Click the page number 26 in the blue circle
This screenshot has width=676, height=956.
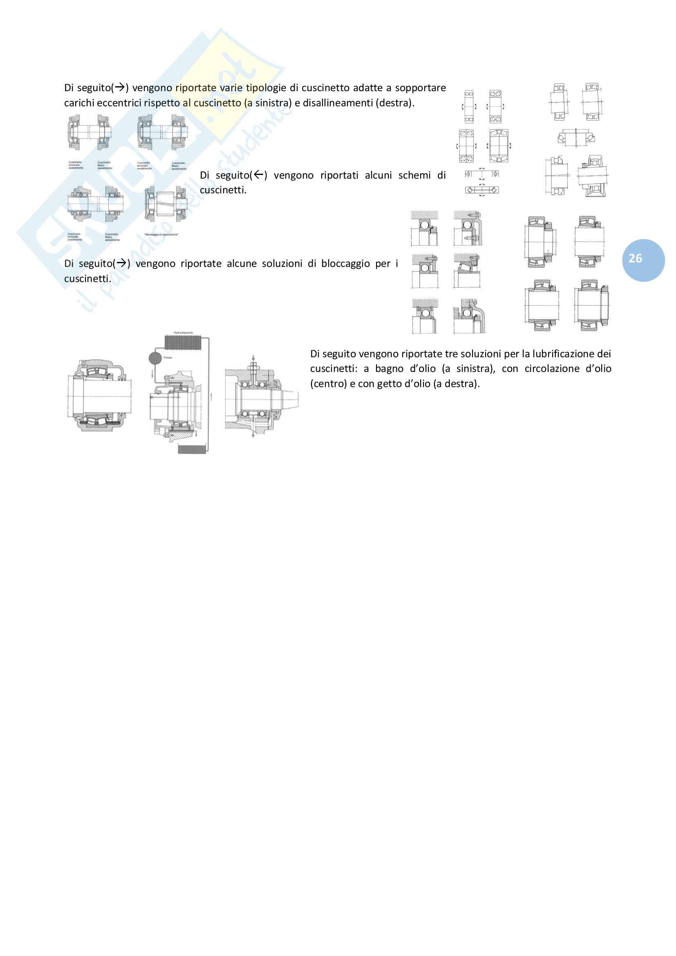[635, 259]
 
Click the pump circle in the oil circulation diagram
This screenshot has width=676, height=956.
[155, 358]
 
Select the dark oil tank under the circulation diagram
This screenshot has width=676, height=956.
[192, 449]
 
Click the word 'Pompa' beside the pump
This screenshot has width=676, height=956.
[168, 358]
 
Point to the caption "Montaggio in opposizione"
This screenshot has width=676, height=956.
[161, 235]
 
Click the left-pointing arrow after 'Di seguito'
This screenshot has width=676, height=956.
[259, 175]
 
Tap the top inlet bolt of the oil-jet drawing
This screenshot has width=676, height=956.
[253, 366]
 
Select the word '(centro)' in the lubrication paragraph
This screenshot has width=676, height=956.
[329, 384]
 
